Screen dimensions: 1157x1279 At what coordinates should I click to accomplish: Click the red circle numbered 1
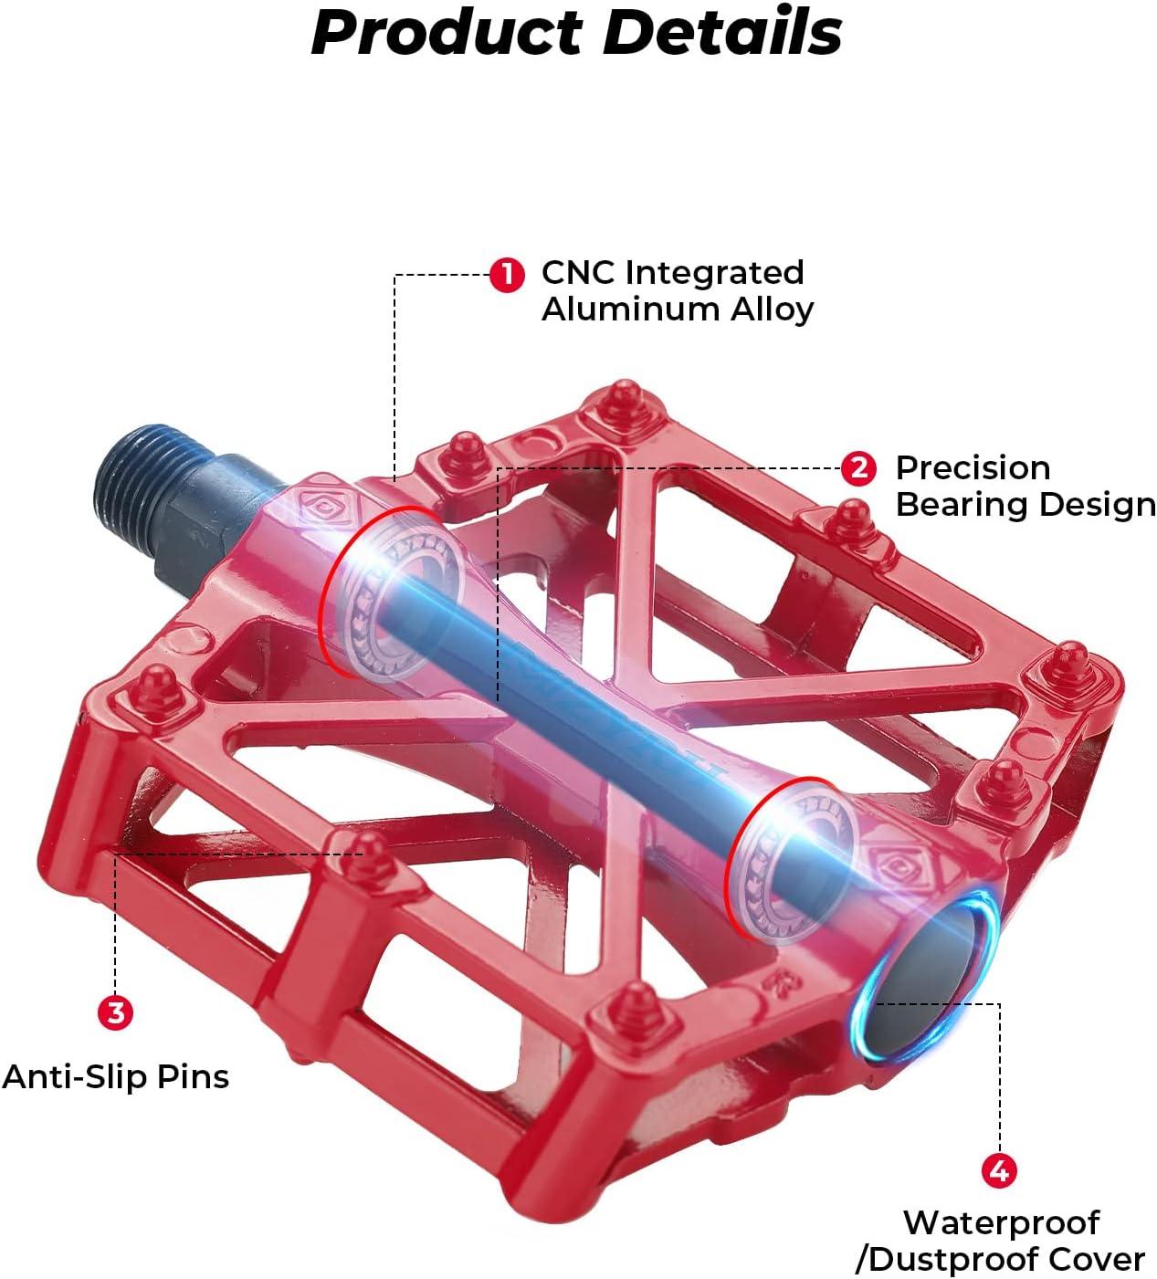(507, 276)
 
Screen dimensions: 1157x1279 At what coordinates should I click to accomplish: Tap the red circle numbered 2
(858, 468)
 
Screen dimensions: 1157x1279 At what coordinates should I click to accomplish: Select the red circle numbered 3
(115, 1012)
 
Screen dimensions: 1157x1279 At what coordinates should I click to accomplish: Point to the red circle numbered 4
(999, 1170)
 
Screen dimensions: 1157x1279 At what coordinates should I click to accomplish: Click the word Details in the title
(722, 31)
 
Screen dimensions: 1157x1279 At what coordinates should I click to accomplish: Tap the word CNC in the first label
(578, 272)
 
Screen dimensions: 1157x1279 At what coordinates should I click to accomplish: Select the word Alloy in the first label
(773, 309)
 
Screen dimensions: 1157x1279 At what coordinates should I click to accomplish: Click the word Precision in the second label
(973, 468)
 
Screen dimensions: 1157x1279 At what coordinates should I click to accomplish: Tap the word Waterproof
(1002, 1223)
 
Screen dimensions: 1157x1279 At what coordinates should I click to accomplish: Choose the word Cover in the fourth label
(1096, 1260)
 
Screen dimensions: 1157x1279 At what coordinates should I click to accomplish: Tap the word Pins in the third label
(193, 1077)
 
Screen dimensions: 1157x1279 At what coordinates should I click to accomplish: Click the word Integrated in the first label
(714, 274)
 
